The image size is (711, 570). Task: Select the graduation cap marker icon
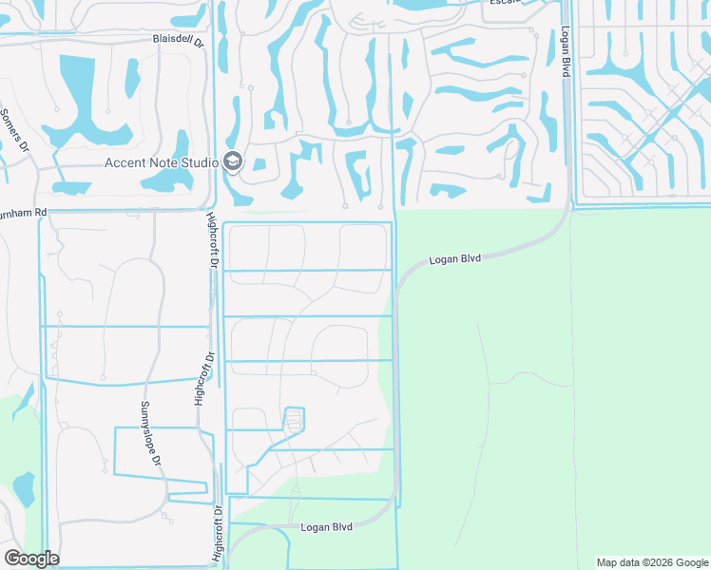pyautogui.click(x=233, y=162)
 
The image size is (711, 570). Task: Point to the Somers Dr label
pyautogui.click(x=16, y=139)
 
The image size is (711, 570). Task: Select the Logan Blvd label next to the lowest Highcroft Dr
pyautogui.click(x=326, y=527)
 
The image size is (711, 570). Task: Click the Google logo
pyautogui.click(x=31, y=559)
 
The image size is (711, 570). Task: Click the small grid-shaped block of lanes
pyautogui.click(x=295, y=420)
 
